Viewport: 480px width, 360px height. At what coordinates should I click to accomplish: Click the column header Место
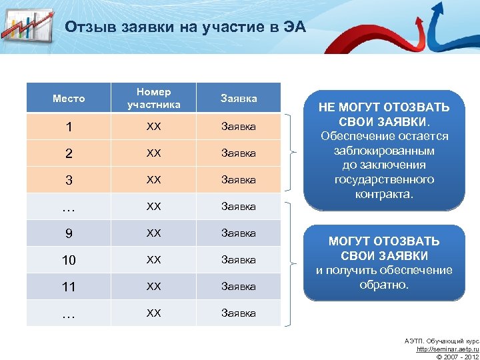click(69, 98)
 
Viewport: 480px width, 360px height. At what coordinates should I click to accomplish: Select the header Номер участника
click(153, 98)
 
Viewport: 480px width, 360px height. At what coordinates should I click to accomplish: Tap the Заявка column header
click(239, 98)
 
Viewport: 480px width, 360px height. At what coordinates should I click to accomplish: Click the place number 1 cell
click(69, 127)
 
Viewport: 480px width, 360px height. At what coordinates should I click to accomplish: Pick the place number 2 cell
click(69, 153)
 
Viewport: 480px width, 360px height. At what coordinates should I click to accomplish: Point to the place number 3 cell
click(69, 180)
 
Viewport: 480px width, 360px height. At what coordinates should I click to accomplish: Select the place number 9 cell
click(69, 233)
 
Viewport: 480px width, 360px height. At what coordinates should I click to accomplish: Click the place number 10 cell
click(69, 260)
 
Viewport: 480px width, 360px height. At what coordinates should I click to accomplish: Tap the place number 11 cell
click(69, 287)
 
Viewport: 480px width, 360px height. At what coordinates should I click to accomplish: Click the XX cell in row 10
click(153, 260)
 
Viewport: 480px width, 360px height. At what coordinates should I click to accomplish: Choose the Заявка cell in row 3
click(239, 180)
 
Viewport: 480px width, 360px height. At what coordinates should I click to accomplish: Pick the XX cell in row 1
click(153, 127)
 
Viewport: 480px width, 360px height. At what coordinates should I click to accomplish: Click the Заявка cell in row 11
click(239, 287)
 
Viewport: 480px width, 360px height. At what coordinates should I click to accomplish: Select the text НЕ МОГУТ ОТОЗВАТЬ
click(384, 107)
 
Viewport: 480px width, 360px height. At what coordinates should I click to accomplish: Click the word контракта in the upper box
click(384, 195)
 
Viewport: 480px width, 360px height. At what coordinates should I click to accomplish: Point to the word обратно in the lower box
click(384, 285)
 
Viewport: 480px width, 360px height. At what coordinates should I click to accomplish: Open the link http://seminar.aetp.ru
click(447, 349)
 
